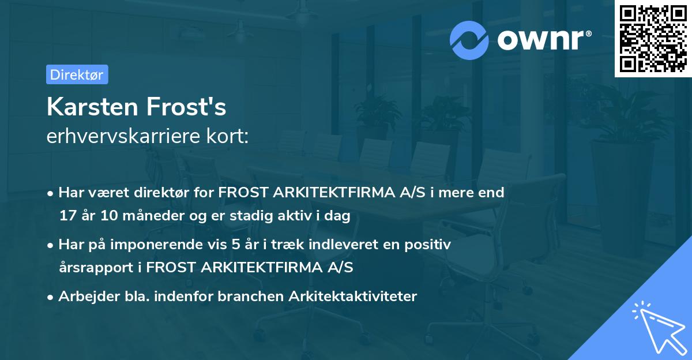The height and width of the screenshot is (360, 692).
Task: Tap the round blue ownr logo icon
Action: coord(470,40)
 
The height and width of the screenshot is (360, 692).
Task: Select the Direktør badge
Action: coord(77,74)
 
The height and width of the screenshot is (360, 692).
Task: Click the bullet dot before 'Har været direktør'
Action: coord(51,193)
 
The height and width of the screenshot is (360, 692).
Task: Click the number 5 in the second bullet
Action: coord(235,245)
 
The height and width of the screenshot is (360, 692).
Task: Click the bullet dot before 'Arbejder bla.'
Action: coord(51,297)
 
